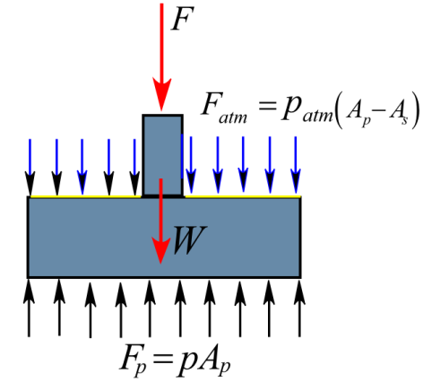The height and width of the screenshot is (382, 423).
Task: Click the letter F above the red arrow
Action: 182,19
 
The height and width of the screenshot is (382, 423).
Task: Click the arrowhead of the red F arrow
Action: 162,94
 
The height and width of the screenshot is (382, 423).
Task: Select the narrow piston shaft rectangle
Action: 162,155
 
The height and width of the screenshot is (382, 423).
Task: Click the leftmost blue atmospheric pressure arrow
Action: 30,167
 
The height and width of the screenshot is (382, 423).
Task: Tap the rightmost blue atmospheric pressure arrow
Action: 296,165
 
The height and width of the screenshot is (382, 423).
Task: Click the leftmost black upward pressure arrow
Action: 29,308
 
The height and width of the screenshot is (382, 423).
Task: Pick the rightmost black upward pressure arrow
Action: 299,308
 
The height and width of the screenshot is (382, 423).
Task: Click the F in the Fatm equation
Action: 210,104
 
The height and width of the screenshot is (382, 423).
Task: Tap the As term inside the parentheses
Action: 398,114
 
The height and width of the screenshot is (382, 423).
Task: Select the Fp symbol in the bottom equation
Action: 133,360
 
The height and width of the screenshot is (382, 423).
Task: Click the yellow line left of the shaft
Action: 85,196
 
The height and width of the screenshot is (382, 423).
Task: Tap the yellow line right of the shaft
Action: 243,196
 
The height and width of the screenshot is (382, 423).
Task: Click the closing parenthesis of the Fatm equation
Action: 415,110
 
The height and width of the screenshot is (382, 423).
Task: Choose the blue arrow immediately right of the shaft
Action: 191,165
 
